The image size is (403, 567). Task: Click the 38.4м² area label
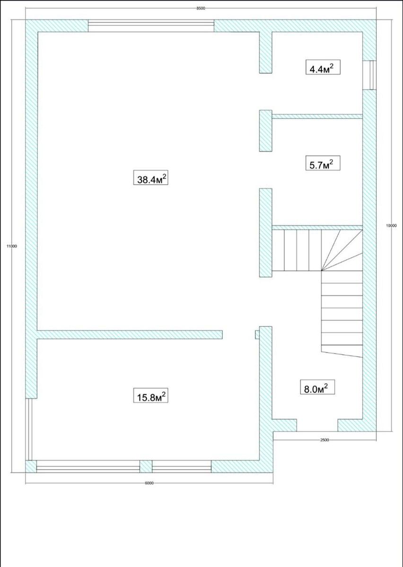(150, 178)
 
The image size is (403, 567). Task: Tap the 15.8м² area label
(150, 395)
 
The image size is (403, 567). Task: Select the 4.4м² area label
(323, 67)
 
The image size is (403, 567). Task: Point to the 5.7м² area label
(323, 163)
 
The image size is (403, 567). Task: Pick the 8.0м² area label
(317, 387)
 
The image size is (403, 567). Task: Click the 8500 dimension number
(201, 9)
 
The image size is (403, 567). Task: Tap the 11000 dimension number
(12, 246)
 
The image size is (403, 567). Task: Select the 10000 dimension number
(391, 225)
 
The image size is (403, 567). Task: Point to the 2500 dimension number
(324, 440)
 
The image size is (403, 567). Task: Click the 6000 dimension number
(149, 483)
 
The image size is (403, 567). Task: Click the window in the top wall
(151, 26)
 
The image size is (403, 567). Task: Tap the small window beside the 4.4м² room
(369, 75)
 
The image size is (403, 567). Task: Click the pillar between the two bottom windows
(146, 466)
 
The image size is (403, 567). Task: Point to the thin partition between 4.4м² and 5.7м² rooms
(317, 116)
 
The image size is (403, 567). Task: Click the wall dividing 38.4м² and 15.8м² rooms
(130, 335)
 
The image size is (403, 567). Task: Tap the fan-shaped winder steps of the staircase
(342, 250)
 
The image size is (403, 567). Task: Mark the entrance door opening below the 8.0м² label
(317, 425)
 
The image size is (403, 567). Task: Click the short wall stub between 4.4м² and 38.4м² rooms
(266, 52)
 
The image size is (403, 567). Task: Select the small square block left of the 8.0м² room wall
(257, 335)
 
